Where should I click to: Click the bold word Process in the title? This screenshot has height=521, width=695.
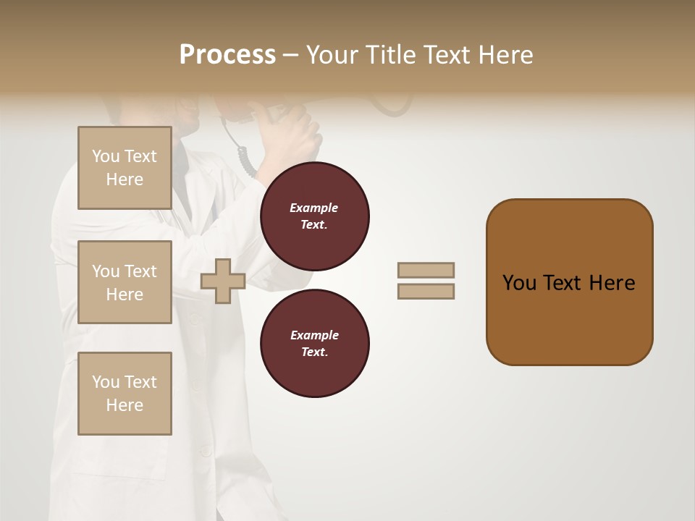tap(227, 55)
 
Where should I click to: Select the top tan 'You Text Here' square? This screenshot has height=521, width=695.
tap(125, 168)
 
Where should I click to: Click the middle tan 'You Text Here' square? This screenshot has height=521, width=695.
tap(125, 282)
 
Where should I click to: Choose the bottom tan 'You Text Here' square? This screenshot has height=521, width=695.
tap(125, 394)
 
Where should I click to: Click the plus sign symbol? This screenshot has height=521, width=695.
tap(223, 281)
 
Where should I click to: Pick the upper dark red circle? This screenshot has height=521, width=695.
tap(314, 216)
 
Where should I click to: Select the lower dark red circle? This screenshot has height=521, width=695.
tap(314, 344)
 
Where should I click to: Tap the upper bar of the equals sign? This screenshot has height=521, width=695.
tap(426, 270)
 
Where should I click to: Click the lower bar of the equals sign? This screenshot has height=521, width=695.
tap(426, 292)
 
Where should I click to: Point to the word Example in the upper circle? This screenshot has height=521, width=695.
tap(313, 208)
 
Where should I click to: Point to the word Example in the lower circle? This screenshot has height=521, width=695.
tap(313, 335)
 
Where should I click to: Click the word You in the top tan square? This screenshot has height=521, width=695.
tap(106, 156)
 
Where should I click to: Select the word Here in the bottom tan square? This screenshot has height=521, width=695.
tap(125, 405)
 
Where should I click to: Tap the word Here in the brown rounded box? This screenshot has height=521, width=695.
tap(612, 283)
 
